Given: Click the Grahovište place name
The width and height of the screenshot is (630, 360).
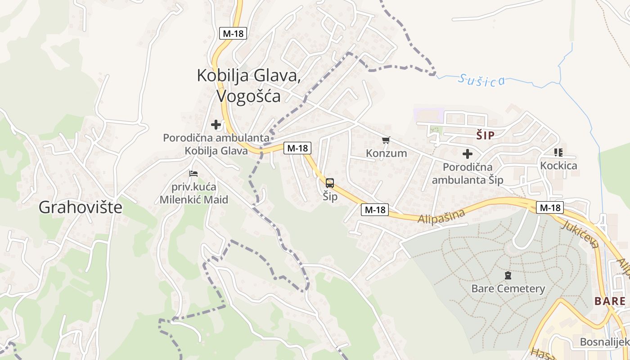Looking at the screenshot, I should (x=81, y=207).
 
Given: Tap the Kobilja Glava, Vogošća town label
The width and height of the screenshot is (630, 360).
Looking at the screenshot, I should (x=249, y=85).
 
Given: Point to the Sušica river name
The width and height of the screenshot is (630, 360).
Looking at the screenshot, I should (x=481, y=80).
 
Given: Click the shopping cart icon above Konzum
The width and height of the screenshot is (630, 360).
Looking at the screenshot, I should (x=386, y=141).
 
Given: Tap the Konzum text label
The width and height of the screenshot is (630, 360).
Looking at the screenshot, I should (x=386, y=153).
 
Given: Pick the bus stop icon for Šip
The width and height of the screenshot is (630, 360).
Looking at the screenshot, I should (x=330, y=183).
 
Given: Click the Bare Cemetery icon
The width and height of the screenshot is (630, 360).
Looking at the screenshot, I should (x=508, y=275).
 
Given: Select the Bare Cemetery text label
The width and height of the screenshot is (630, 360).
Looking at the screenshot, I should (x=508, y=288).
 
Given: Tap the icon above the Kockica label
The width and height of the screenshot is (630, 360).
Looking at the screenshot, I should (x=558, y=153).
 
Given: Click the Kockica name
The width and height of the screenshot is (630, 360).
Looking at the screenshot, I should (x=558, y=165).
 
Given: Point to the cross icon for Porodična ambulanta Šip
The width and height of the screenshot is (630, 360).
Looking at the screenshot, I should (x=468, y=154).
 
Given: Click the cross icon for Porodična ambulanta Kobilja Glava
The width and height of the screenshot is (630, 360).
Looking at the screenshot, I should (x=216, y=125).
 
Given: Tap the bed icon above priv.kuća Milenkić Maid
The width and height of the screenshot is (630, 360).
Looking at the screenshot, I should (x=193, y=173).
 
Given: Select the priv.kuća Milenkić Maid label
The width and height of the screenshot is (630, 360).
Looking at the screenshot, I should (x=194, y=193).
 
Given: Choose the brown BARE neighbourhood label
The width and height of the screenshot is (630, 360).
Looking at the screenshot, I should (x=610, y=301).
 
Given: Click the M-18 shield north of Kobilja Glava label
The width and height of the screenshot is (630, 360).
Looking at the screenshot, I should (x=233, y=33).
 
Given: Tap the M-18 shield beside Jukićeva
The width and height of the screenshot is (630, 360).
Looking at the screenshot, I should (x=550, y=207).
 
